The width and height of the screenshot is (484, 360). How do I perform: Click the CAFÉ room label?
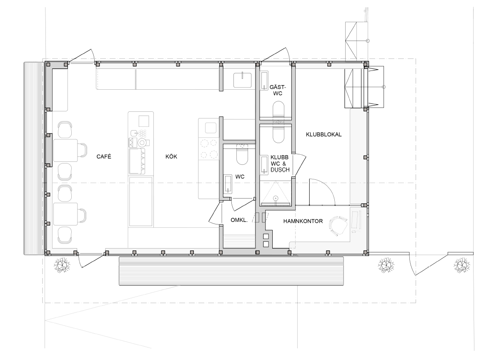coord(104,156)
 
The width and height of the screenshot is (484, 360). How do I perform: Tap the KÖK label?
coord(171,156)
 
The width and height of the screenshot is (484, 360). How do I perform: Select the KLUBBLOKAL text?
coord(324,134)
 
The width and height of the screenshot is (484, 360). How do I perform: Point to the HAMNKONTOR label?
coord(303,221)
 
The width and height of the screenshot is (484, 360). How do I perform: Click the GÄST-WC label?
coord(278,90)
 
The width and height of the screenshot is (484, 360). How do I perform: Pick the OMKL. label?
coord(239,220)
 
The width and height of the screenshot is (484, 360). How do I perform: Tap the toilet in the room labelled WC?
coord(242,154)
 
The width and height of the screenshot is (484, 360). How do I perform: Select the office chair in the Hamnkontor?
coord(338,227)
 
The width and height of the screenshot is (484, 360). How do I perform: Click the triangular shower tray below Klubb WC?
coord(276,194)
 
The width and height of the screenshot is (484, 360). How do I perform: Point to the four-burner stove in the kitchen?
coord(208,149)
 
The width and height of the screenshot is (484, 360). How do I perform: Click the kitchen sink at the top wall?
coord(242,80)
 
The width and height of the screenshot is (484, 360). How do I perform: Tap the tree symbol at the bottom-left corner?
coord(62,265)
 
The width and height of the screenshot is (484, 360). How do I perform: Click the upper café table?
coord(65,150)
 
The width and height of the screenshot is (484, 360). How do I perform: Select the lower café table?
coord(65,214)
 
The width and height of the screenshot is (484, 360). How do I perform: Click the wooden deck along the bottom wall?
coord(231,271)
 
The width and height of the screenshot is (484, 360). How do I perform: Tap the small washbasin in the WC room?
coord(228,184)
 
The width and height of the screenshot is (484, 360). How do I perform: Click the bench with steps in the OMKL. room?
coord(239,241)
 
